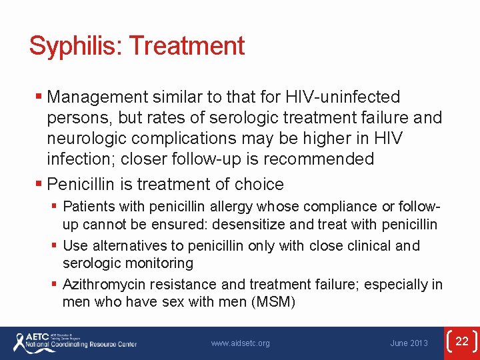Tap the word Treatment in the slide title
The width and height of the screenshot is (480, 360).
coord(187,46)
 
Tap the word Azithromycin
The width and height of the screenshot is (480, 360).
coord(103,285)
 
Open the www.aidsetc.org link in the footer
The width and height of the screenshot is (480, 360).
coord(241,343)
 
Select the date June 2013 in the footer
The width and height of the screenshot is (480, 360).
coord(409,343)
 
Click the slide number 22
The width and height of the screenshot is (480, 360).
coord(462,342)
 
